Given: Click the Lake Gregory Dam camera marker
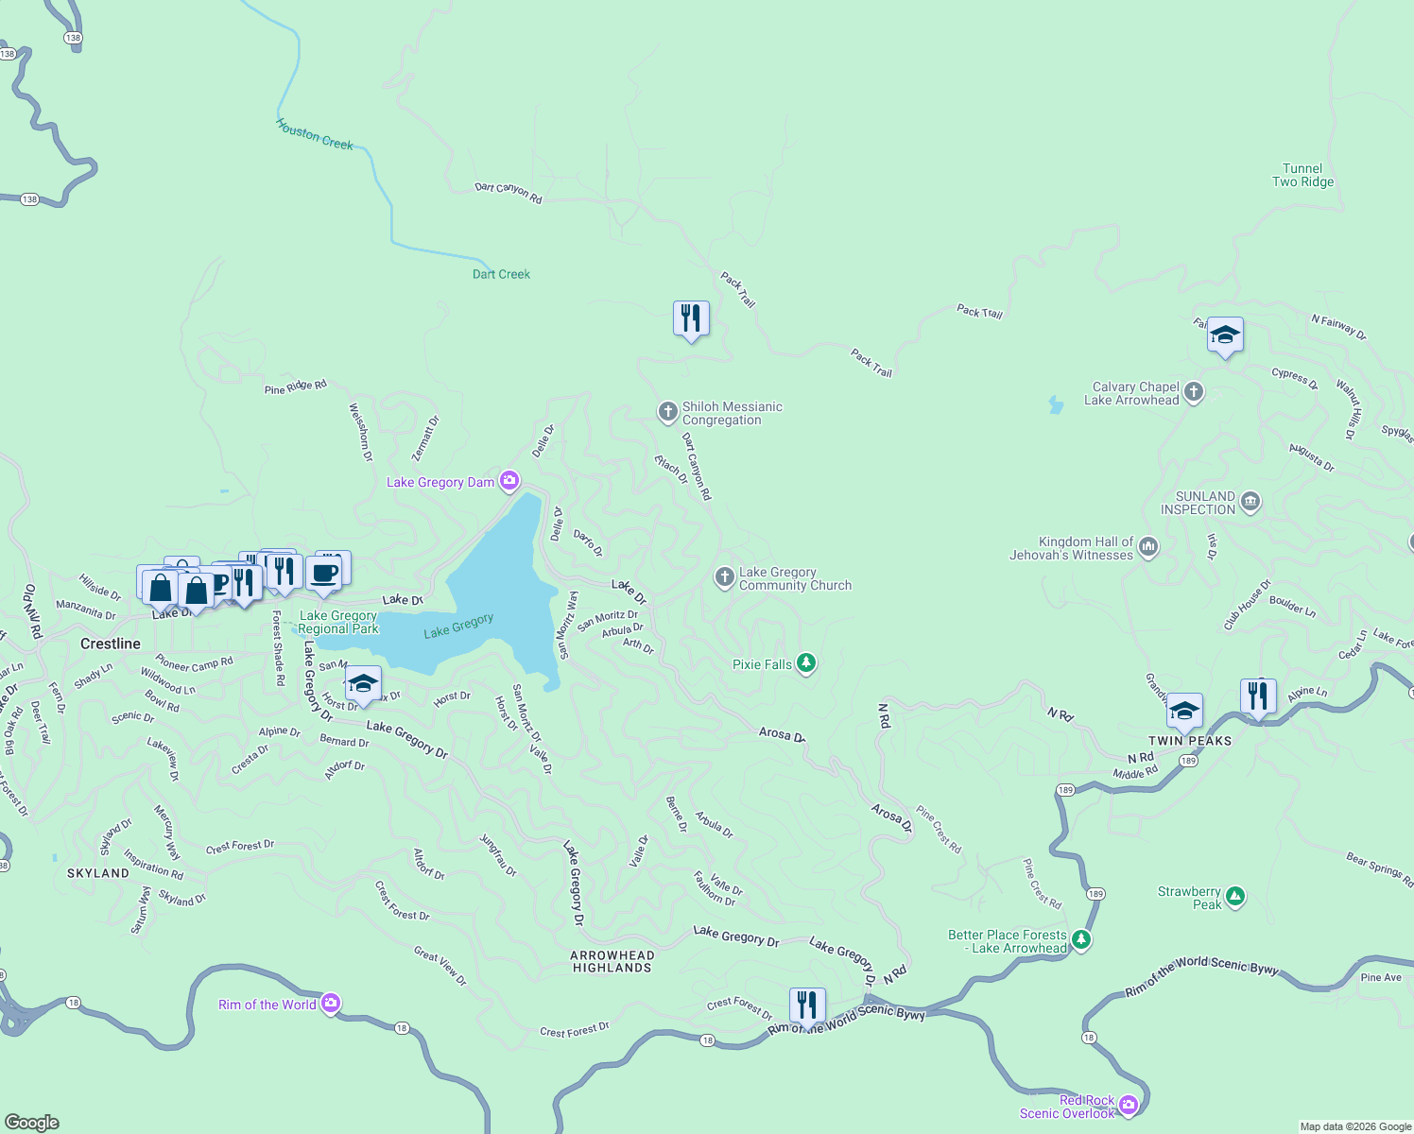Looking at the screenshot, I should point(509,482).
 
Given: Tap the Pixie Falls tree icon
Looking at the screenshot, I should point(806,663).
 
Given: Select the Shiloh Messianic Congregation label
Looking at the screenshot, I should point(732,414).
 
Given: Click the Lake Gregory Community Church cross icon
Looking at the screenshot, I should point(724,578).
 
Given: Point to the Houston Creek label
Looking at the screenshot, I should point(315,135).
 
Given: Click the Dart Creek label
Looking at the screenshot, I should point(501,274).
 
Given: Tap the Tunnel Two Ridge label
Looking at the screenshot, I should point(1302,176).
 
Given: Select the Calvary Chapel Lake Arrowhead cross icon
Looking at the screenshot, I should point(1194,393).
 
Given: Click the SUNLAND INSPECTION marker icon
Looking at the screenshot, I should point(1250,503).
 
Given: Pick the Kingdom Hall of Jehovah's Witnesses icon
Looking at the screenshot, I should point(1148,548).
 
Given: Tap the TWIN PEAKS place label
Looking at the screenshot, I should point(1190,741).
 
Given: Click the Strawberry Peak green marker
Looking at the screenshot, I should point(1234,897).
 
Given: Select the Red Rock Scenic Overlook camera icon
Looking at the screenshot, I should point(1129,1106).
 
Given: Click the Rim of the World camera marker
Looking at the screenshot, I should point(330,1004).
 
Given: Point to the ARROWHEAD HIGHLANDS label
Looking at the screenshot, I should point(612,962).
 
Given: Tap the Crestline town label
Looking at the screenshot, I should point(111,644).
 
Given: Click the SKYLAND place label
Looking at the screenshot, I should point(98,873).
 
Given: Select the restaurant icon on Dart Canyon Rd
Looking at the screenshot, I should point(691,319).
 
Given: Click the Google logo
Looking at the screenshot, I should point(32,1123).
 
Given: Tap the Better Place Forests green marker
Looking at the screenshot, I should point(1081,940).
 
